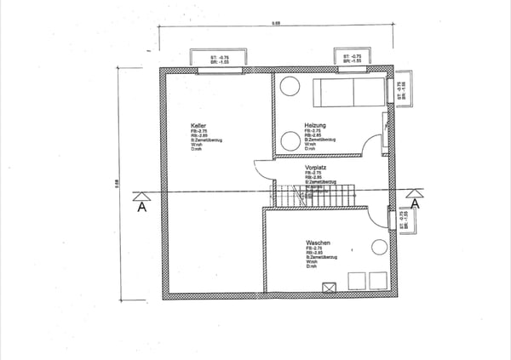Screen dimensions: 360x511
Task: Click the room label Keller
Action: [x=198, y=125]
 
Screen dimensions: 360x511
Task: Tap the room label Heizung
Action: [x=314, y=125]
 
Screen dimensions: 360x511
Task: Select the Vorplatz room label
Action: [x=316, y=168]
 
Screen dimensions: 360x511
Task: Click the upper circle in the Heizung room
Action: [x=290, y=85]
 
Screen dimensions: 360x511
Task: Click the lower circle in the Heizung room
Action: [x=290, y=142]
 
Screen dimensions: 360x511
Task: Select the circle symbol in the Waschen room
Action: [x=378, y=248]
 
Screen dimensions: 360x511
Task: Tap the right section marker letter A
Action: [x=416, y=203]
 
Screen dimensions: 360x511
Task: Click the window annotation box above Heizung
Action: [x=350, y=59]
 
